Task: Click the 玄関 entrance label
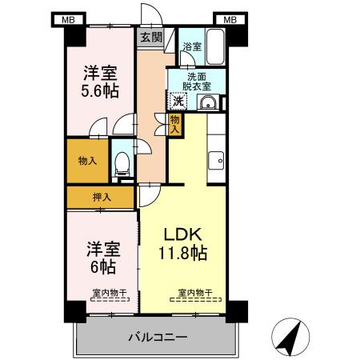tap(151, 37)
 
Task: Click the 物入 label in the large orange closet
tap(87, 161)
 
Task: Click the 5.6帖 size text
tap(100, 90)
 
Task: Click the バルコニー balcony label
tap(158, 337)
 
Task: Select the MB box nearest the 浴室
tap(230, 19)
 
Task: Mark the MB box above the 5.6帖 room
tap(69, 19)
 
